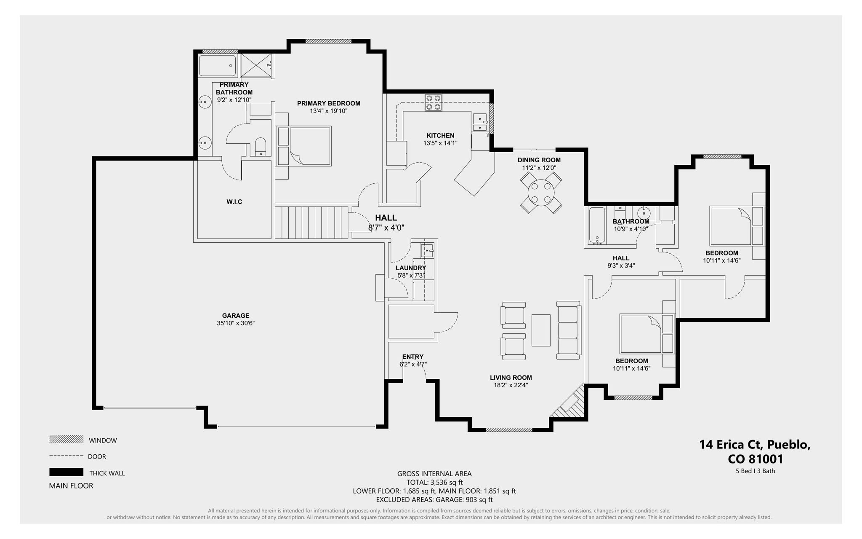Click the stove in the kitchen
coord(433,102)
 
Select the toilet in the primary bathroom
coord(261,146)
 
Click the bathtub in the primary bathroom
coord(218,66)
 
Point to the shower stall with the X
coord(255,66)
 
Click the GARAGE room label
coord(236,315)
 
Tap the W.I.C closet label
coord(234,202)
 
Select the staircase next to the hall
coord(311,222)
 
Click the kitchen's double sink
coord(479,123)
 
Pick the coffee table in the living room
coord(541,330)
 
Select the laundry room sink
coord(427,251)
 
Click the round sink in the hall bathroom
coord(644,213)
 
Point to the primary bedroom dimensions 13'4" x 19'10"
coord(328,111)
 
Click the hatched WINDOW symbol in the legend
coord(66,439)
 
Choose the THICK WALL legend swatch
coord(66,472)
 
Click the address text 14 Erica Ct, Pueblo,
coord(755,445)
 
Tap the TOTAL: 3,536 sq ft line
coord(434,482)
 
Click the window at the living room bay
coord(509,430)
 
